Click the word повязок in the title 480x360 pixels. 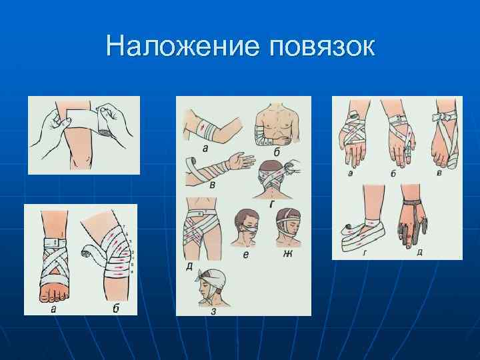click(322, 47)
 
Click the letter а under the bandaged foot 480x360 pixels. click(53, 309)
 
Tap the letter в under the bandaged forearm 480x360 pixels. click(212, 185)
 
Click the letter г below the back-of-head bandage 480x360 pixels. click(273, 203)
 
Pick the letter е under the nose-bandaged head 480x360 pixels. click(247, 255)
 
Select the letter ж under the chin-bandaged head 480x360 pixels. click(287, 253)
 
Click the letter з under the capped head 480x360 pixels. click(213, 311)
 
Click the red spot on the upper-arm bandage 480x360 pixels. click(201, 125)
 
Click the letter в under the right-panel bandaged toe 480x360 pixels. click(439, 172)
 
